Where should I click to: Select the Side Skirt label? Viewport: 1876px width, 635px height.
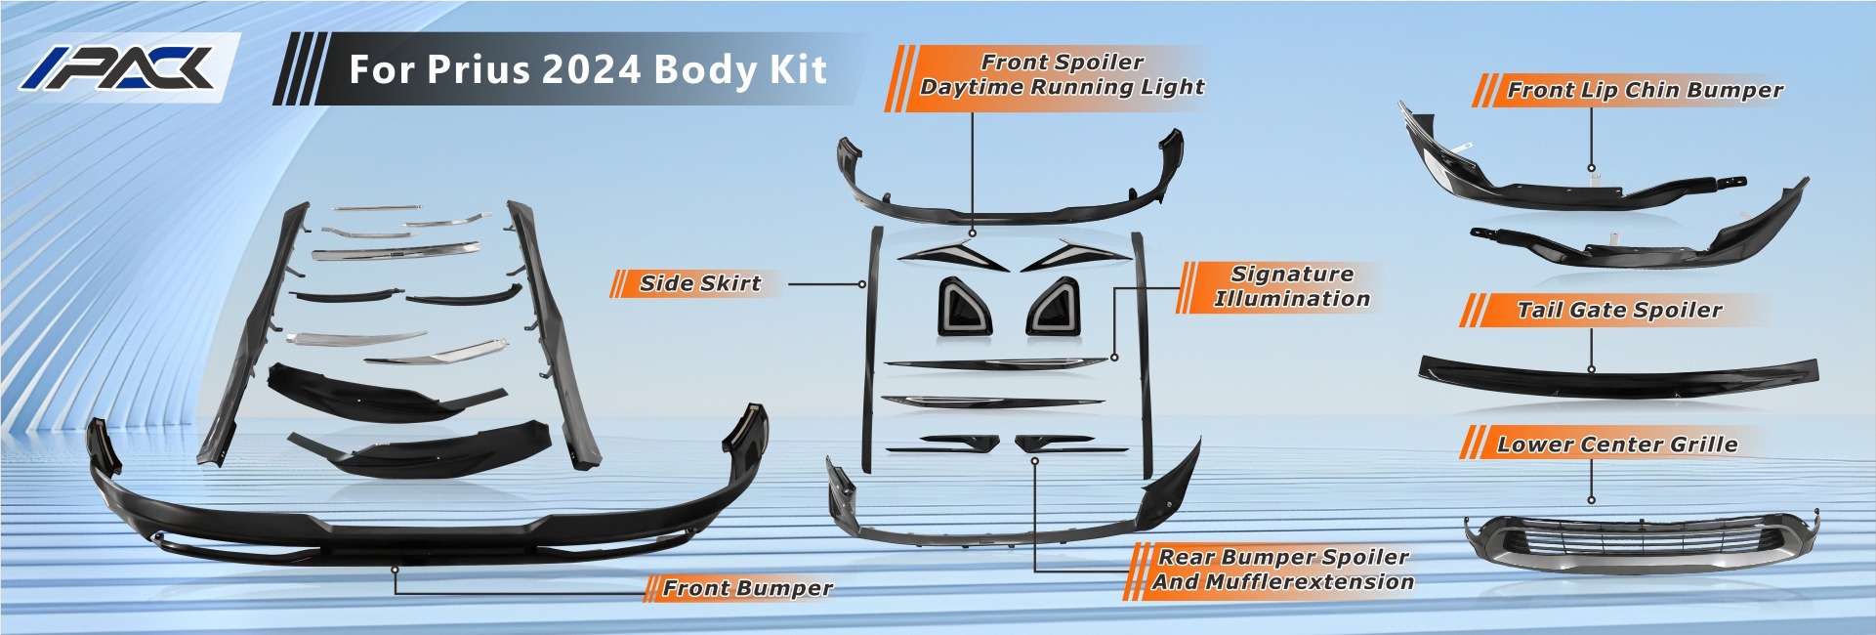[x=699, y=283]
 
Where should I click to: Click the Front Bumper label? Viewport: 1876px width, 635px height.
[x=747, y=588]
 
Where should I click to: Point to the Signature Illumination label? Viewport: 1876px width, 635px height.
[x=1291, y=286]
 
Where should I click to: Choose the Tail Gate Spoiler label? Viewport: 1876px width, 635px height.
[x=1618, y=310]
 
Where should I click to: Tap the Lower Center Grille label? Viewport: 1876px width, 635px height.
[x=1617, y=444]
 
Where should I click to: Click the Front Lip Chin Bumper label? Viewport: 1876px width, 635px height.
[x=1645, y=90]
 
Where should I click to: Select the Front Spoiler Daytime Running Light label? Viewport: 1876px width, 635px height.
[x=1062, y=74]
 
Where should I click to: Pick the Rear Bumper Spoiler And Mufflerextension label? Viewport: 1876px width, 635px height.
[x=1282, y=570]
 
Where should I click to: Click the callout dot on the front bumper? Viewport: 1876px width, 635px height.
[x=395, y=569]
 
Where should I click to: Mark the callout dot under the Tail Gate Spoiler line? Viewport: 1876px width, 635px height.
[x=1591, y=369]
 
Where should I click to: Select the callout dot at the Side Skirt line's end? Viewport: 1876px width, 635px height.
[x=862, y=284]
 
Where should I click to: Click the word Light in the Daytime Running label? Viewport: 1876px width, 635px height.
[x=1173, y=87]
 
